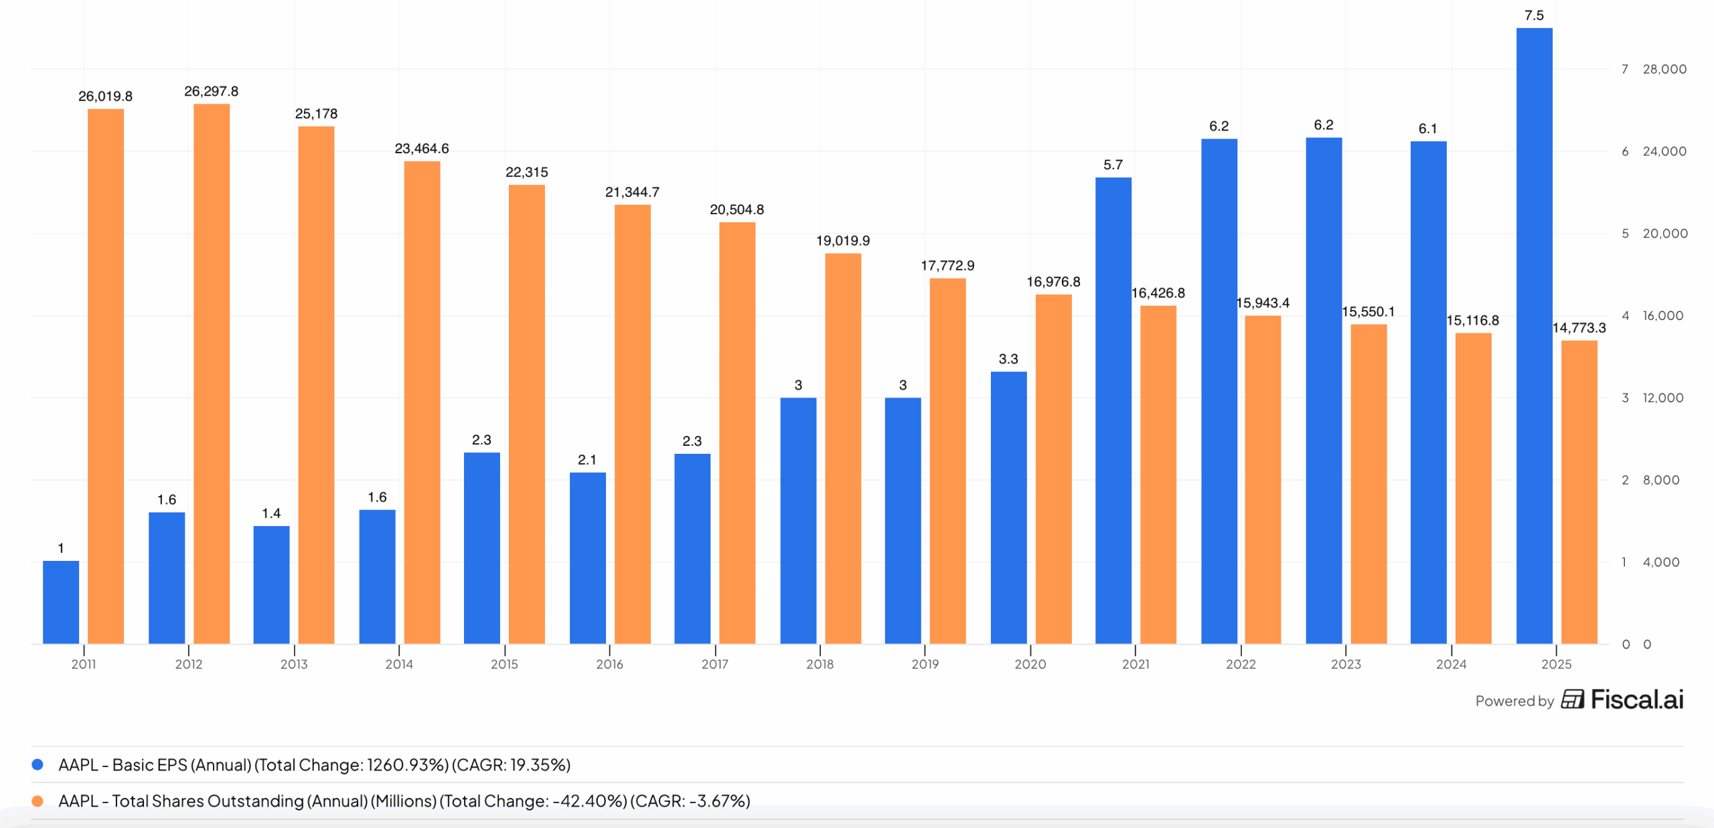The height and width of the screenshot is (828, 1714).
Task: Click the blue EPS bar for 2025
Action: (x=1534, y=335)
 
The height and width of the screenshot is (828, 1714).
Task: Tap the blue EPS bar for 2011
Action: (x=61, y=602)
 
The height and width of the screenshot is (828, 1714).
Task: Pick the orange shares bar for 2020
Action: (x=1053, y=469)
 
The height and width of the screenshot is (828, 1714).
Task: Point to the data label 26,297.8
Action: (x=212, y=91)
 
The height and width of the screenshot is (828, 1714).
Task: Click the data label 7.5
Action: (x=1534, y=15)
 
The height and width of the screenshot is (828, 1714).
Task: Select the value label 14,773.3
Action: (x=1579, y=328)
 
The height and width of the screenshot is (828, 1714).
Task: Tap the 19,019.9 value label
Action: (x=843, y=241)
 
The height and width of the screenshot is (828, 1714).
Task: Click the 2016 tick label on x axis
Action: (x=609, y=664)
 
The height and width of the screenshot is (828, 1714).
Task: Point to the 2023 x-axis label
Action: (x=1346, y=664)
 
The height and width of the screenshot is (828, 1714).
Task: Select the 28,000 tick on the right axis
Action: (x=1664, y=69)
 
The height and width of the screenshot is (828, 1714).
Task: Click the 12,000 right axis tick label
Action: (x=1662, y=398)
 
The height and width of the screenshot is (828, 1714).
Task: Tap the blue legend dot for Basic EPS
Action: (x=37, y=764)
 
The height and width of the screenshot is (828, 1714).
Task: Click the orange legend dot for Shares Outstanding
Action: (x=37, y=801)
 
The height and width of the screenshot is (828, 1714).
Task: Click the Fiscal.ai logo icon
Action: (x=1573, y=699)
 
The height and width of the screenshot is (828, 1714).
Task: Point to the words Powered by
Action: (x=1514, y=701)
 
